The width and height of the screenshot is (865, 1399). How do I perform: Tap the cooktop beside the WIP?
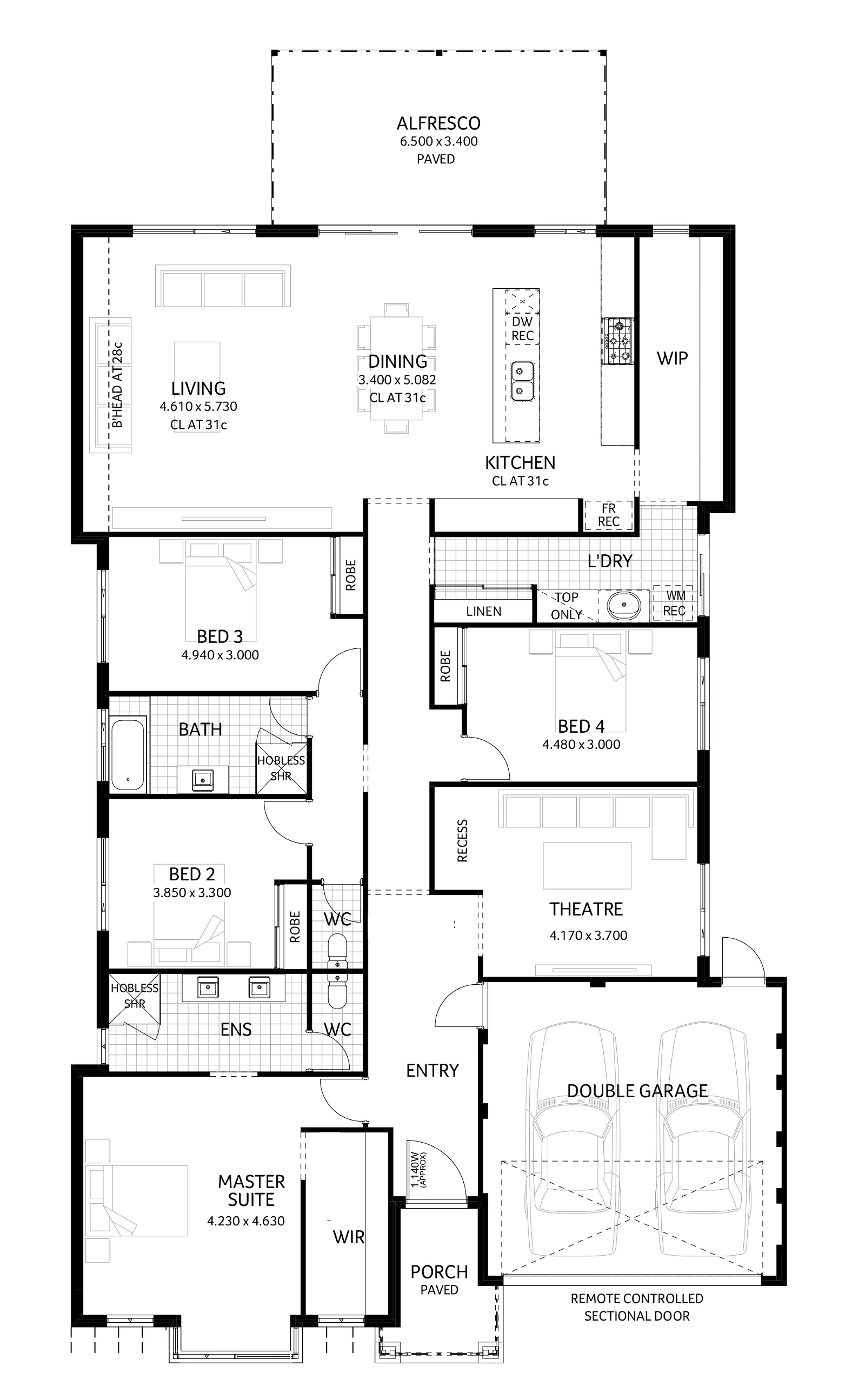point(617,342)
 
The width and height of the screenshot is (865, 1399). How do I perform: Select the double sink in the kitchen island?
point(522,381)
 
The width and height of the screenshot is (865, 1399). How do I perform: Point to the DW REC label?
point(522,329)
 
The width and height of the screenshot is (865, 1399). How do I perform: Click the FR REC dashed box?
point(608,515)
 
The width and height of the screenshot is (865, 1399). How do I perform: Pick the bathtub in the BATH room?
point(127,754)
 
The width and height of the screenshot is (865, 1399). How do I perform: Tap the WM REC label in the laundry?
point(675,604)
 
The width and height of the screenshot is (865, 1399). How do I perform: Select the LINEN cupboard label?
point(483,611)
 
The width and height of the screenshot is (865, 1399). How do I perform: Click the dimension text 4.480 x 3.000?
point(581,745)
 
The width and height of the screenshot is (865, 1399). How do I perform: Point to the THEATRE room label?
point(586,909)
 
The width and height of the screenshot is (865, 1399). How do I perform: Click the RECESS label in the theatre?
point(462,840)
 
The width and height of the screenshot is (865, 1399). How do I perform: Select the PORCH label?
point(439,1271)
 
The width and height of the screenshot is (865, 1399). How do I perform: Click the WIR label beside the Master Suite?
point(348,1237)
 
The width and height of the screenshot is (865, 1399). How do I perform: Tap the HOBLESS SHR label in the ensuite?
point(135,996)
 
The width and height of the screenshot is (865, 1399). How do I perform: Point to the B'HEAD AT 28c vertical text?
point(117,384)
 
